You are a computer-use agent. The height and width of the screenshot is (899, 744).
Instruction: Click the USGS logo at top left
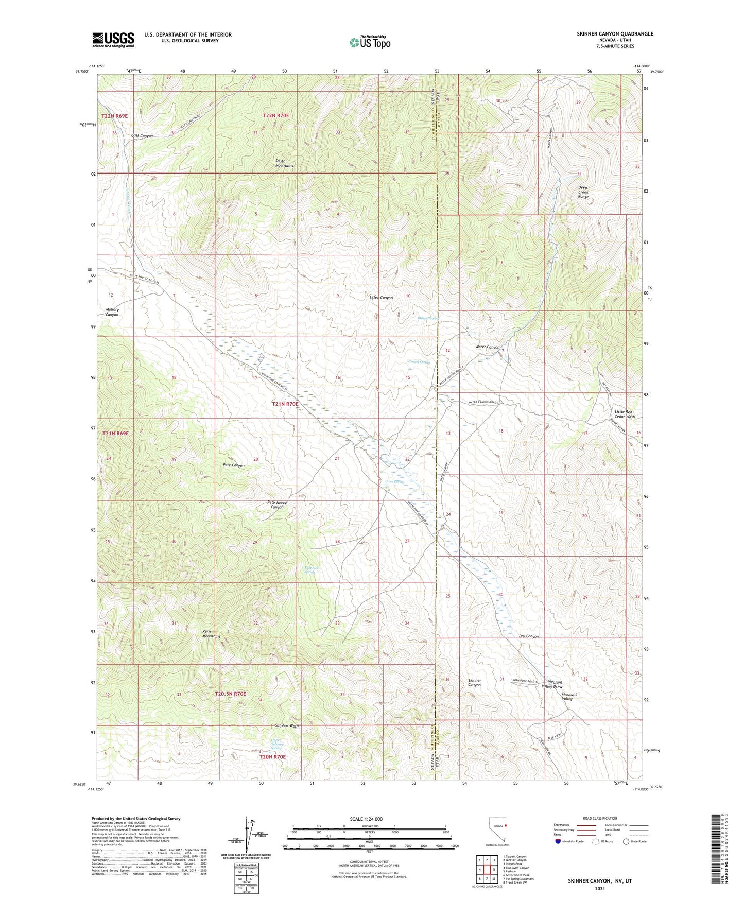[x=113, y=39]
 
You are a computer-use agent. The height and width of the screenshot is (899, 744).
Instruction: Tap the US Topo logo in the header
[x=369, y=42]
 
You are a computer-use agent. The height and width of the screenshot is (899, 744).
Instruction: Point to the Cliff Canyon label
[x=142, y=136]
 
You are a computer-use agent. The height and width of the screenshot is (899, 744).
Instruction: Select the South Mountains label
[x=284, y=163]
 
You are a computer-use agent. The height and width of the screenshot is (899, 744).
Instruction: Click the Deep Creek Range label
[x=583, y=192]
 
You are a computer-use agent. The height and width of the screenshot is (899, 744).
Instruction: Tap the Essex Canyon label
[x=382, y=298]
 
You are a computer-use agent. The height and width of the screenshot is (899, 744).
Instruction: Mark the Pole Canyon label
[x=234, y=465]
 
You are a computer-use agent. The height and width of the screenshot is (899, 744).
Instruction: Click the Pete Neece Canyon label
[x=277, y=505]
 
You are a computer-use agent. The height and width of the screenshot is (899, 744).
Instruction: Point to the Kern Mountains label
[x=211, y=633]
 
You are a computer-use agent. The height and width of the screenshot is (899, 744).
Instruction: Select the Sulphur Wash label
[x=287, y=726]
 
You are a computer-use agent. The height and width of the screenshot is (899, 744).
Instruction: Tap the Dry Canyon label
[x=529, y=636]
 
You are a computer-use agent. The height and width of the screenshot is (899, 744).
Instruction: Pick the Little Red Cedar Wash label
[x=625, y=414]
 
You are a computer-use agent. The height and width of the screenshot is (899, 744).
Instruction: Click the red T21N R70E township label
[x=285, y=404]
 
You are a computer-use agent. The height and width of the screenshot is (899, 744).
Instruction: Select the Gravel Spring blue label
[x=419, y=362]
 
